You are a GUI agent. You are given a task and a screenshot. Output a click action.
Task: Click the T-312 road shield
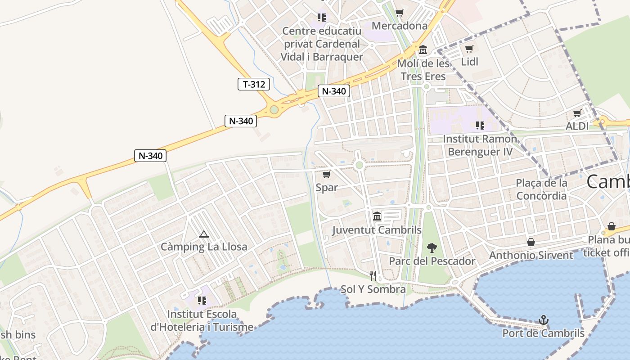[x=254, y=84]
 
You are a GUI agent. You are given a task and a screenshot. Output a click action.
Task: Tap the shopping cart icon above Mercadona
[x=399, y=13]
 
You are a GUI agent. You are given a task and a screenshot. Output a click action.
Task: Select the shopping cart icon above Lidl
[x=469, y=49]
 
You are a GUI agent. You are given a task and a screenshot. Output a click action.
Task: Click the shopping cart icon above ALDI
[x=577, y=113]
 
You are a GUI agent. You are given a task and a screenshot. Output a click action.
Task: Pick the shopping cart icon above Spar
[x=327, y=174]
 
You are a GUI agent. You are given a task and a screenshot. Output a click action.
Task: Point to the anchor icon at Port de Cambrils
[x=544, y=320]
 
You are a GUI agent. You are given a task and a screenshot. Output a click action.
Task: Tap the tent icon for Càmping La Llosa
[x=204, y=234]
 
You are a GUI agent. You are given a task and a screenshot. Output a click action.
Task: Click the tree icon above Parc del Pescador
[x=432, y=247]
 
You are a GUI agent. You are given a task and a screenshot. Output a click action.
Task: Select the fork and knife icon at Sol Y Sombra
[x=373, y=275]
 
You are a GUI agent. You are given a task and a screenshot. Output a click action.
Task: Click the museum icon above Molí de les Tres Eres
[x=423, y=49]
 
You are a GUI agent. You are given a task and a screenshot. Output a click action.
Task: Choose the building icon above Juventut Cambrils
[x=377, y=216]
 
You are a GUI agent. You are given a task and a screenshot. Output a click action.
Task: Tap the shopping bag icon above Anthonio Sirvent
[x=531, y=242]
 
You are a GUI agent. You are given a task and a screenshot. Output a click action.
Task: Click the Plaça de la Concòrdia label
[x=541, y=189]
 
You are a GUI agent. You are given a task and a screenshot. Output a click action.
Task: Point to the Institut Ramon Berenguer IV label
[x=480, y=145]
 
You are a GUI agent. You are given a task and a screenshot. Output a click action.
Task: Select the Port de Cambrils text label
[x=543, y=333]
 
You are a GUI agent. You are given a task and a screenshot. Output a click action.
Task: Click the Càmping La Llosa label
[x=204, y=247]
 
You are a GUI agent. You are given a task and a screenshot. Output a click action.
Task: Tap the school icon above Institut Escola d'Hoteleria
[x=202, y=300]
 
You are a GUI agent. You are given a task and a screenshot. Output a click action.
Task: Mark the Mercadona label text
[x=400, y=26]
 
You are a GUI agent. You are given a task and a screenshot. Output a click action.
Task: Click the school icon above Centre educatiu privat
[x=321, y=18]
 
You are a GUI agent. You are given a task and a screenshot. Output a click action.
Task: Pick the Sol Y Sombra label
[x=373, y=289]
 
